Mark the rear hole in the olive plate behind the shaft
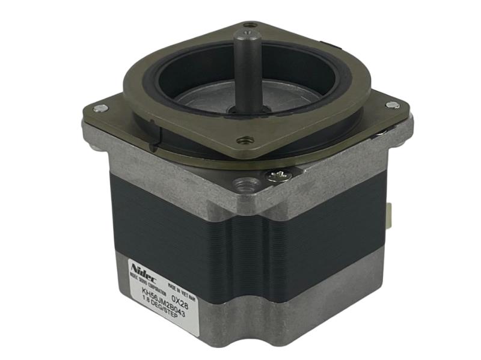[251, 25]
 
